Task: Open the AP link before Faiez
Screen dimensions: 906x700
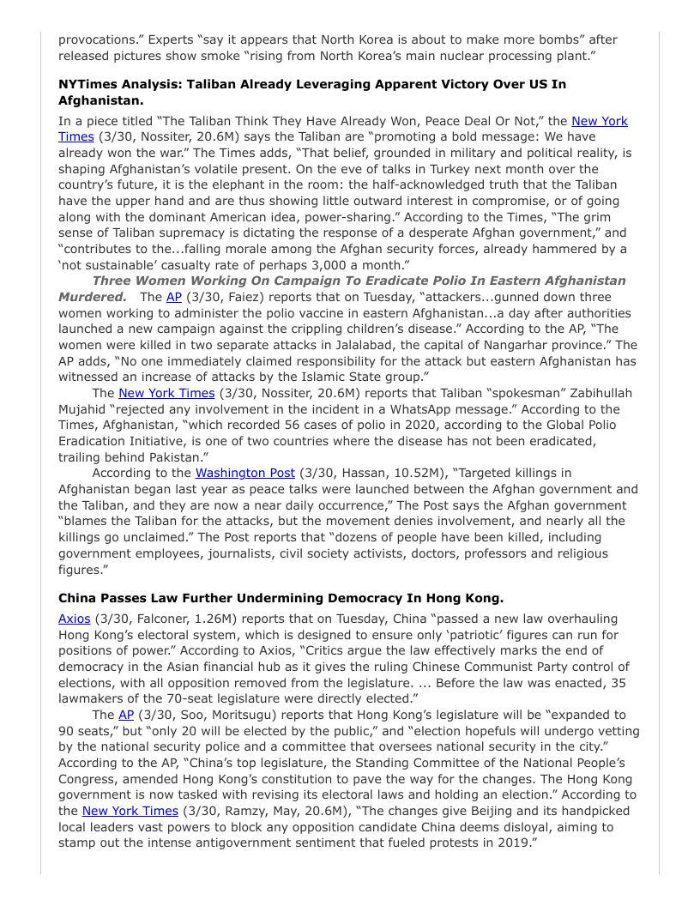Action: tap(174, 297)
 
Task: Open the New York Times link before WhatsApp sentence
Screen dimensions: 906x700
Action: tap(166, 393)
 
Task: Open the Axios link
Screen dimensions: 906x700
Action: tap(74, 619)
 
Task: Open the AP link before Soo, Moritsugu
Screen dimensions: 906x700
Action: tap(126, 715)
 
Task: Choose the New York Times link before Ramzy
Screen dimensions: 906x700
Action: tap(130, 811)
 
